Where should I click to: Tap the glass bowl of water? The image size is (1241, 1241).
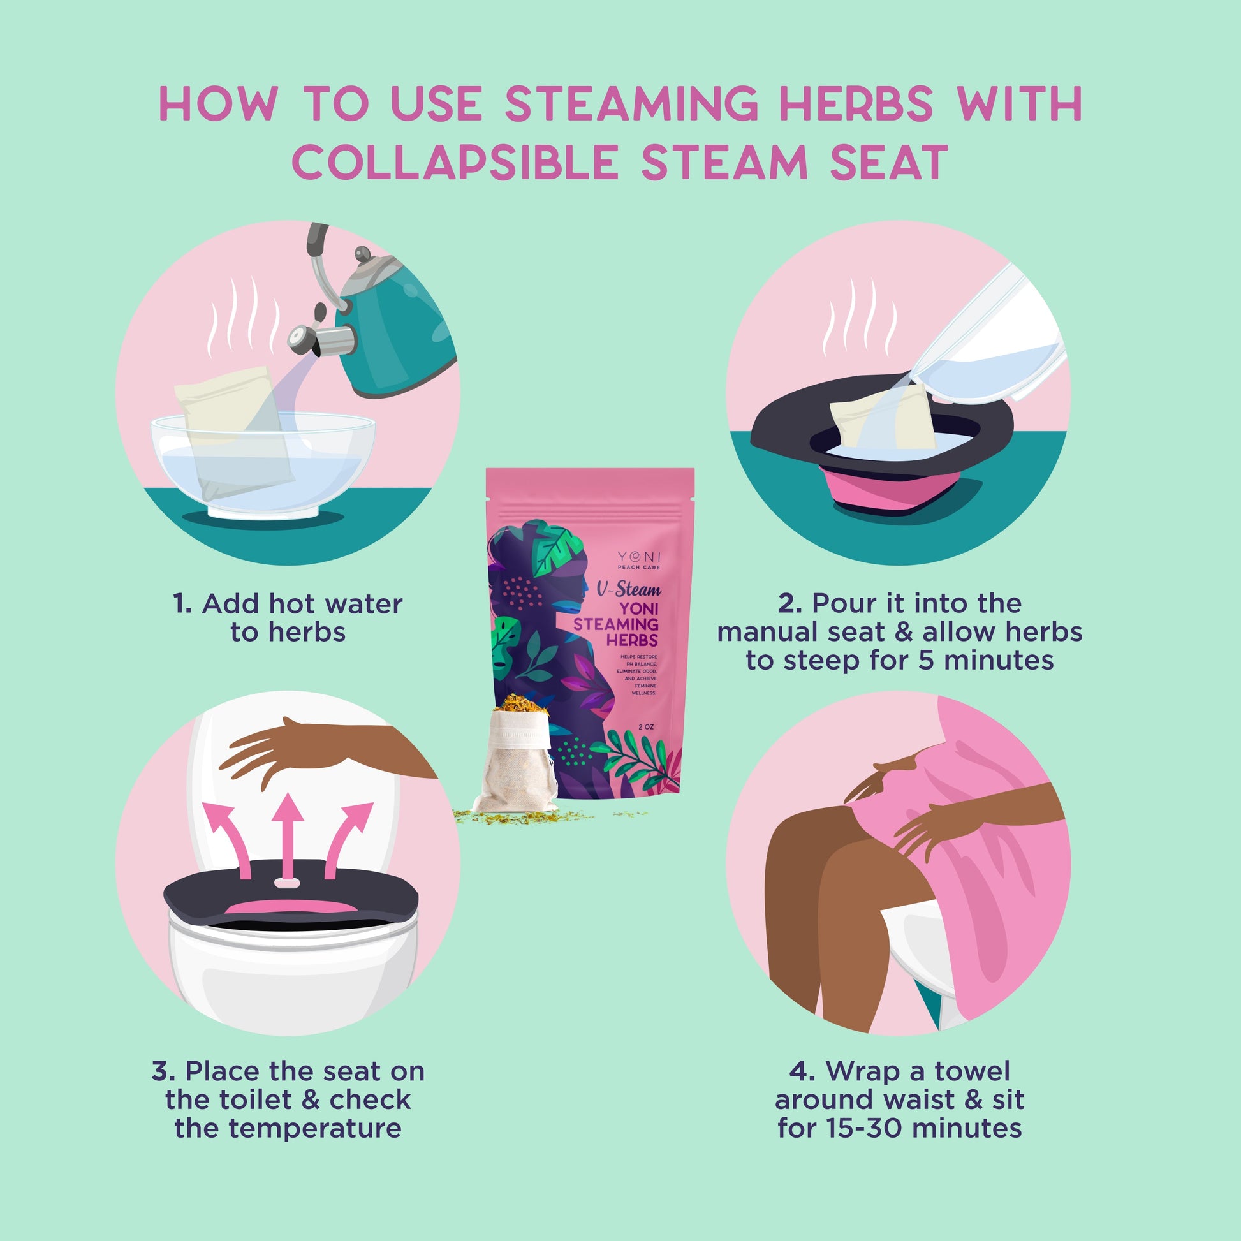click(x=263, y=466)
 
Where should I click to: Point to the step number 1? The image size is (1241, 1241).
click(x=182, y=604)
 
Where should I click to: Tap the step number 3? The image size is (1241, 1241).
click(x=163, y=1071)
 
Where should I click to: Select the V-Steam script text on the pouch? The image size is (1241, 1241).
click(x=629, y=589)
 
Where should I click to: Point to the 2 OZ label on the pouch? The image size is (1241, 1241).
click(x=646, y=727)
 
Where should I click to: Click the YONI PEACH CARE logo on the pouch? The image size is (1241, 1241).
click(x=638, y=559)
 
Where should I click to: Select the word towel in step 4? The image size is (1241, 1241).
click(x=972, y=1071)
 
